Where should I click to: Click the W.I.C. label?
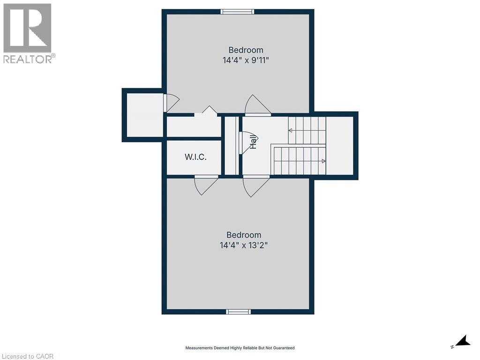click(x=195, y=157)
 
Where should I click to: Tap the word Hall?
click(x=253, y=142)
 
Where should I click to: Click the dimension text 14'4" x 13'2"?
click(x=243, y=245)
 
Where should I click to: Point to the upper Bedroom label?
click(x=246, y=50)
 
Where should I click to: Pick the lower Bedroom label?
click(x=243, y=235)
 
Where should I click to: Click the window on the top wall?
click(x=237, y=11)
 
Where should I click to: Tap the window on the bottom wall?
click(x=238, y=312)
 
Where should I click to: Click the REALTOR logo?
click(x=28, y=33)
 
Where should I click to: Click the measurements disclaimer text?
click(x=240, y=348)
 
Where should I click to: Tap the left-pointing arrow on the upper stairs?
click(x=291, y=130)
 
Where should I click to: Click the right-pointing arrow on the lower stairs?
click(x=323, y=161)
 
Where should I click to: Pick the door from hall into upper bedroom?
click(x=257, y=105)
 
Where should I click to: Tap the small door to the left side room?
click(x=171, y=102)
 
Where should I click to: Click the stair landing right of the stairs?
click(x=339, y=145)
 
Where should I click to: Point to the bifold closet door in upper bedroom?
click(x=206, y=111)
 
